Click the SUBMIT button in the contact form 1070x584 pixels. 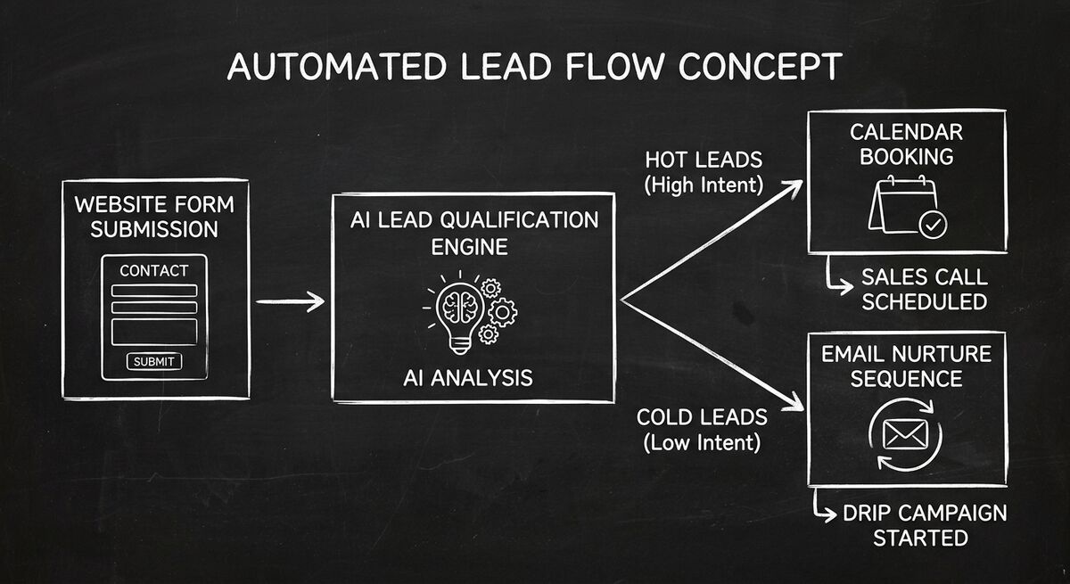point(154,361)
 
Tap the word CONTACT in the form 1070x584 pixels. point(154,270)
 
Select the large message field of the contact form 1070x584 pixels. point(154,331)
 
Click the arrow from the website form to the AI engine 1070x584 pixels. point(290,302)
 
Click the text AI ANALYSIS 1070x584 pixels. point(466,377)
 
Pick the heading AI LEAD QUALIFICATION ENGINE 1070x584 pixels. point(475,233)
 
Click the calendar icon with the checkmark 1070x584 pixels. point(908,207)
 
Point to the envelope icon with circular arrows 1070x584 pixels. point(906,434)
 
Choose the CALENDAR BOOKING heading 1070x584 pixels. point(907,144)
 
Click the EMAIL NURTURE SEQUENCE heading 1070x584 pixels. point(907,366)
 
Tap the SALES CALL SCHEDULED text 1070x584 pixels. point(924,289)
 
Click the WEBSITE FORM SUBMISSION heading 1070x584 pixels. point(154,216)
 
